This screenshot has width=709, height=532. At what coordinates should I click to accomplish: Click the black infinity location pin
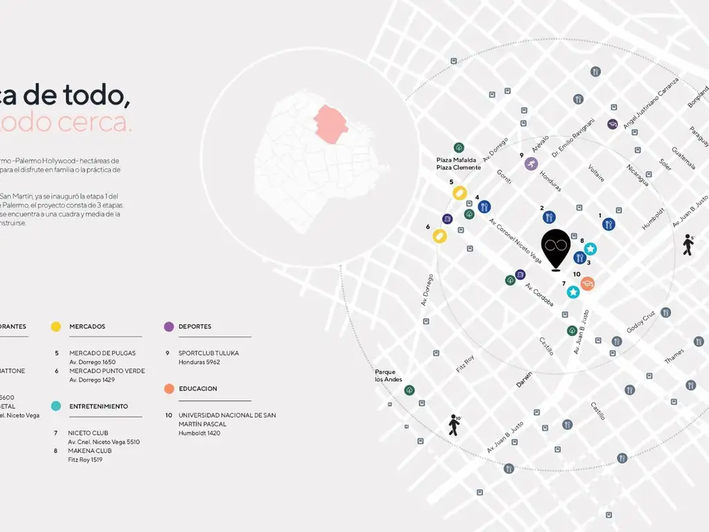[x=555, y=249]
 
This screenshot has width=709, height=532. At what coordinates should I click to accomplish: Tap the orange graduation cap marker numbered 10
[x=587, y=283]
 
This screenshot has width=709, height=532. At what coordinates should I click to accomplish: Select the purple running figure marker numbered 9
[x=530, y=164]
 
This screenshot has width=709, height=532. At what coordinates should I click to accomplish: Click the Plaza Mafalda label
[x=456, y=160]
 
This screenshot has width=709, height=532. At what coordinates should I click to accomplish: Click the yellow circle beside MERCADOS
[x=56, y=326]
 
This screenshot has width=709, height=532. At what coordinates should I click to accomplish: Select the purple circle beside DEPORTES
[x=169, y=326]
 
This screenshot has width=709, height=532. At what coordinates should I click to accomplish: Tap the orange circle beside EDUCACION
[x=169, y=389]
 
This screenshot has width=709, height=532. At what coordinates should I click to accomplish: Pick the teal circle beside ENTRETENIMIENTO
[x=56, y=406]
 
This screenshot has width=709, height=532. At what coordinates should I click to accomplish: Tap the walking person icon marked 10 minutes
[x=454, y=425]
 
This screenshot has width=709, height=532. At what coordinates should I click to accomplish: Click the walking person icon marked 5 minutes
[x=688, y=245]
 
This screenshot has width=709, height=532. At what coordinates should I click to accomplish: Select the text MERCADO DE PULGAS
[x=102, y=353]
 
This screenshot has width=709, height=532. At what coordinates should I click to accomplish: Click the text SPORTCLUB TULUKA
[x=208, y=353]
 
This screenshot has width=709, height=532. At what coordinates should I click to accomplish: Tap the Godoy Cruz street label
[x=640, y=322]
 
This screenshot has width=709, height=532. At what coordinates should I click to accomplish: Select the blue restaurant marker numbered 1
[x=609, y=224]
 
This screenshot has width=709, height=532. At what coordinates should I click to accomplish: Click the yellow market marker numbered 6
[x=440, y=236]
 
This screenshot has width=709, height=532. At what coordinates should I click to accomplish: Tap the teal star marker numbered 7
[x=573, y=292]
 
